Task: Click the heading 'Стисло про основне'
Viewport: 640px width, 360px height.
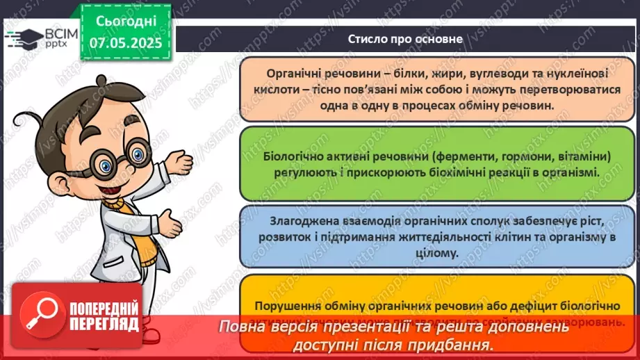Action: (x=405, y=39)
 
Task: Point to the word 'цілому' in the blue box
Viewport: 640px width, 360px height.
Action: (x=438, y=254)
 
